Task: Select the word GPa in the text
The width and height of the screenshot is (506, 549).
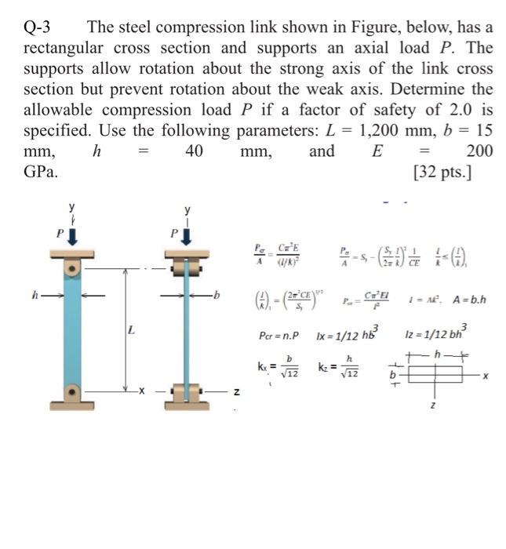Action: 40,172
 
